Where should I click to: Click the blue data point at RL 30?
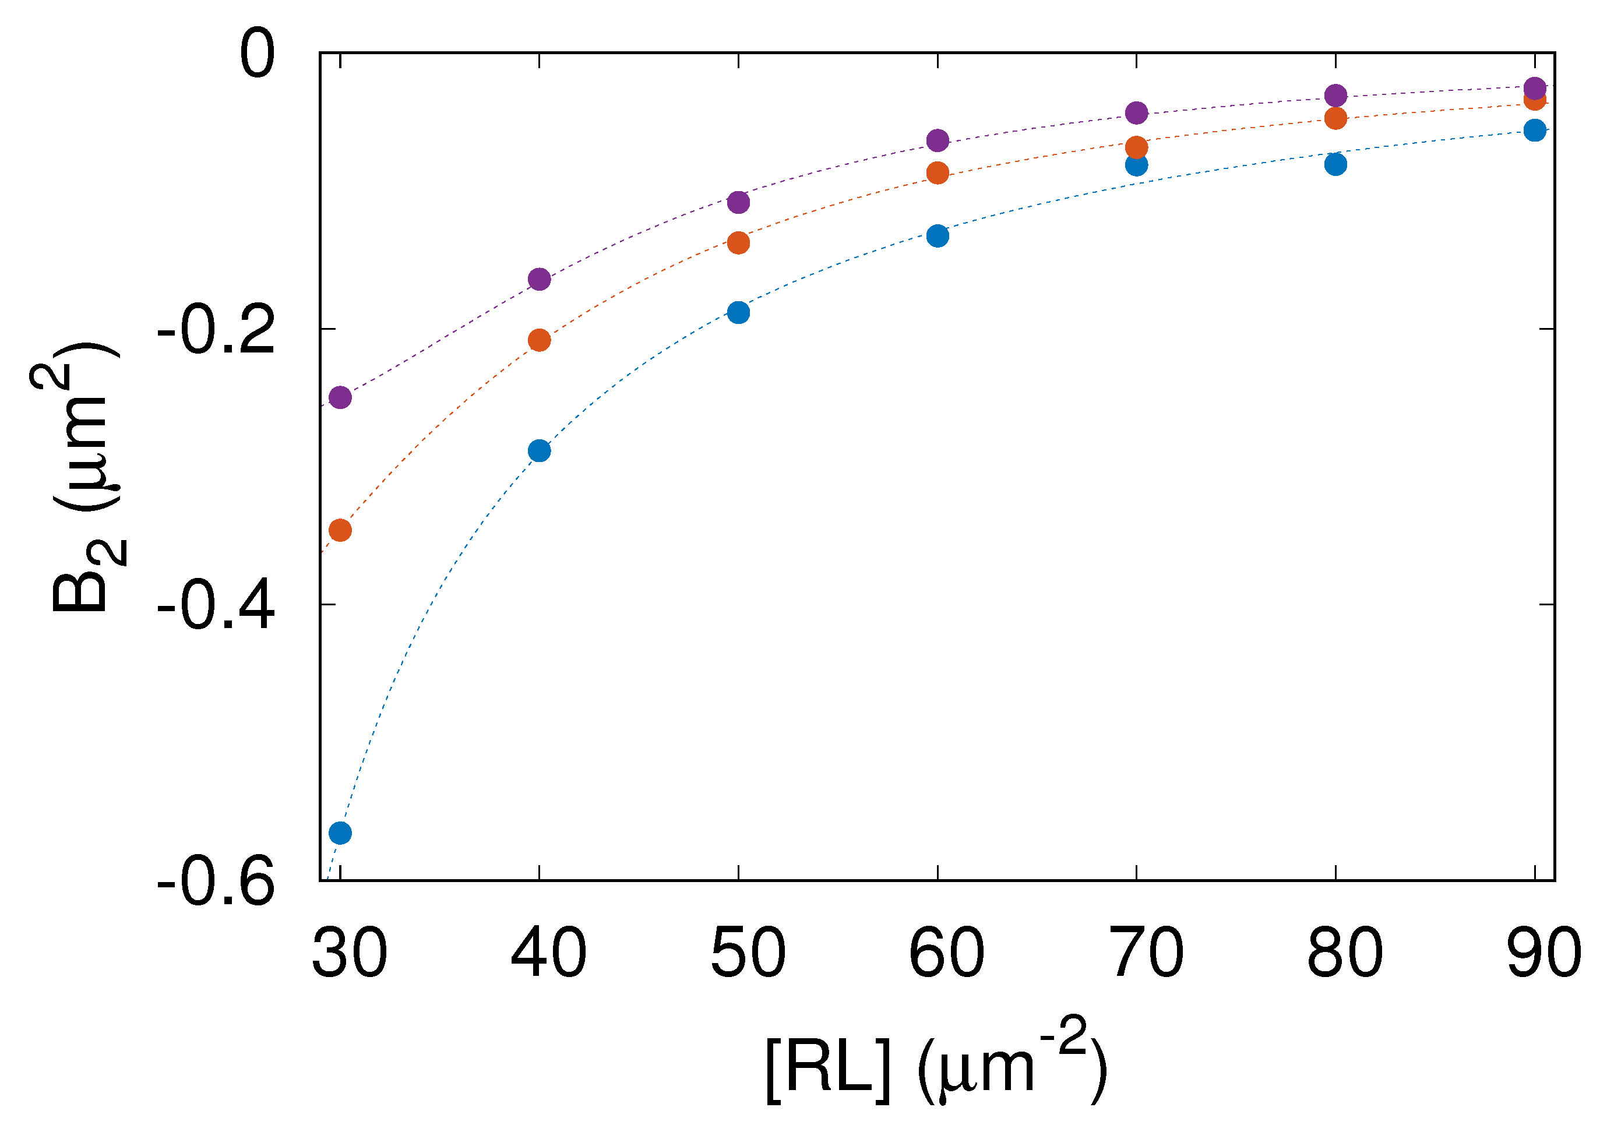click(340, 833)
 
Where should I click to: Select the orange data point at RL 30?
click(340, 530)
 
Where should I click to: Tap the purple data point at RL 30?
click(340, 398)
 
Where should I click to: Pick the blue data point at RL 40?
click(540, 450)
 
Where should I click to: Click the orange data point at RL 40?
click(540, 340)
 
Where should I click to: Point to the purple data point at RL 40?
click(540, 279)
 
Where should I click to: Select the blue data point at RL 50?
click(739, 312)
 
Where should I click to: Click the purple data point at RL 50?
click(739, 202)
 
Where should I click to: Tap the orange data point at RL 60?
click(938, 172)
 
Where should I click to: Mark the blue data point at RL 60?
click(938, 235)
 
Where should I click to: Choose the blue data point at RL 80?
click(1336, 164)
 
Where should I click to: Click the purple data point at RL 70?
click(1137, 112)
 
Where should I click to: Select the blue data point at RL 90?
click(1535, 130)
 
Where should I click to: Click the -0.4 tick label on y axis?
click(216, 605)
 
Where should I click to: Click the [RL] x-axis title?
click(936, 1070)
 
